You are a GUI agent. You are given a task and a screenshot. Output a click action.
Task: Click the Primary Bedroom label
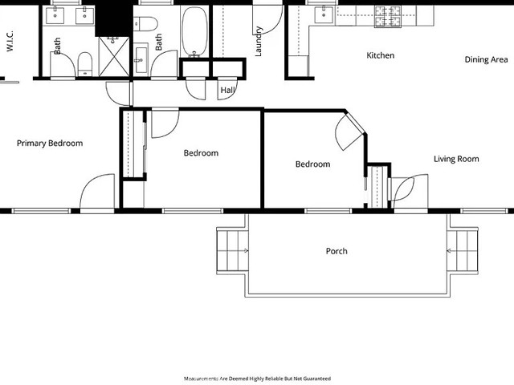tap(50, 144)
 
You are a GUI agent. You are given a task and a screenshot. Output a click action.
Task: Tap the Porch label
tap(337, 251)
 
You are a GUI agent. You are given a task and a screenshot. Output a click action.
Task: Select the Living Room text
tap(456, 159)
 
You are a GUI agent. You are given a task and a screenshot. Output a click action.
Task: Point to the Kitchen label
tap(380, 55)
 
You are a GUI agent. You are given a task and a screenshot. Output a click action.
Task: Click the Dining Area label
tap(486, 59)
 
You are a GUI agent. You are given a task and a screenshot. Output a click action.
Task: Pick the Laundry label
tap(258, 41)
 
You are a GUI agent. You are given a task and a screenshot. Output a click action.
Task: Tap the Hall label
tap(227, 90)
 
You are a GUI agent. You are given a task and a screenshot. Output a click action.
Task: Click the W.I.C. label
tap(10, 41)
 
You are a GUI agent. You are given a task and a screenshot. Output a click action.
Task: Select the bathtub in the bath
tap(194, 32)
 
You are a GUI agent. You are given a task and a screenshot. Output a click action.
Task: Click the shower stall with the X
tap(114, 57)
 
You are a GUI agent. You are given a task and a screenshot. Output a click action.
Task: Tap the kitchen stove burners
tap(388, 17)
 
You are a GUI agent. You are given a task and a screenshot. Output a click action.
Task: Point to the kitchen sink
tap(324, 15)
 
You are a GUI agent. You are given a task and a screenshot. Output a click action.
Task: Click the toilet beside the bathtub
tap(145, 24)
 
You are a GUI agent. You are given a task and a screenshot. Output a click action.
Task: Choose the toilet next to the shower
tap(85, 64)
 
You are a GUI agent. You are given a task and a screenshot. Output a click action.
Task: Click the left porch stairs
tap(232, 251)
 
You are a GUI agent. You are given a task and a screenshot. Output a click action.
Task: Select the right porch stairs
tap(463, 251)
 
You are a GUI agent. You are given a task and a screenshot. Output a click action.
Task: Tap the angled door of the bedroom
tap(349, 131)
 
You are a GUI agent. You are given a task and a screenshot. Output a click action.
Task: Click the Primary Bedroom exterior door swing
tap(97, 191)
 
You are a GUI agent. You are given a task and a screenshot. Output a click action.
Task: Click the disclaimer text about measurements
tap(257, 379)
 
